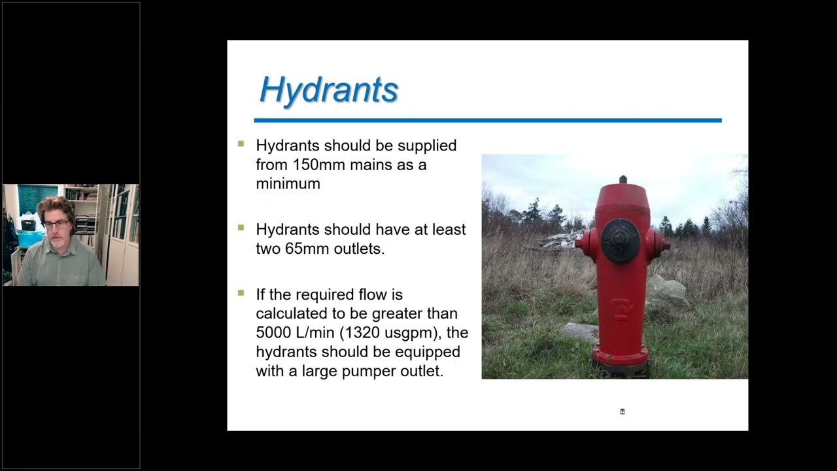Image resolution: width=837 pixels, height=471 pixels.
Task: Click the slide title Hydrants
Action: pos(329,90)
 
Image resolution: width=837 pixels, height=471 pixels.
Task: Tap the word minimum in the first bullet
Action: pos(288,184)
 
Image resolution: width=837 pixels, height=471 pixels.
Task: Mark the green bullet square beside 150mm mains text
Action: pos(241,144)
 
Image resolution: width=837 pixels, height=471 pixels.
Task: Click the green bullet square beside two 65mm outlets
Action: pos(241,228)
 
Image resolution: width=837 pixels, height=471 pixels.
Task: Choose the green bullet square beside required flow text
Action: pos(241,293)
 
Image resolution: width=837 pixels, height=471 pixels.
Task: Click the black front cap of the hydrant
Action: pos(621,240)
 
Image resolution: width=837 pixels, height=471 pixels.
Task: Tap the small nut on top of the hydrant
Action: pos(623,179)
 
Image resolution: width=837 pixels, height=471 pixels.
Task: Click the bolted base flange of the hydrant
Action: pos(620,358)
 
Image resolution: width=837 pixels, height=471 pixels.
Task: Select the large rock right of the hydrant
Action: pos(667,292)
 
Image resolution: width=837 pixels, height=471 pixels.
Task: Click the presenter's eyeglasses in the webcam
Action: pos(57,224)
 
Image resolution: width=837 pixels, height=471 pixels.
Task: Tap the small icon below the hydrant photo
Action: pos(622,411)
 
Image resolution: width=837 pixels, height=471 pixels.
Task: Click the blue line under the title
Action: pos(487,120)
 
